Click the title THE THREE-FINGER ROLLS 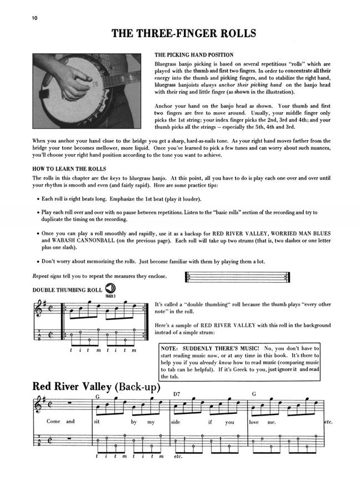coord(184,34)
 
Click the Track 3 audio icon coord(110,289)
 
